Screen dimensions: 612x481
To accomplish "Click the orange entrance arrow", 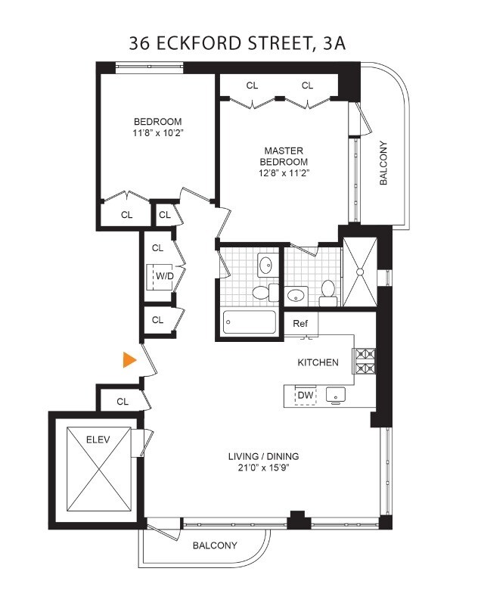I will point(130,361).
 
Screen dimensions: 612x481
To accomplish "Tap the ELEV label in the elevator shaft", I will point(98,438).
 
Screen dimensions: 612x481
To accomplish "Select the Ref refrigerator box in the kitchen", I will point(301,324).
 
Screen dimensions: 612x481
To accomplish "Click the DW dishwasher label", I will point(305,396).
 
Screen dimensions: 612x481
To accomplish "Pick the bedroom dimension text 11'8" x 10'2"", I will point(158,133).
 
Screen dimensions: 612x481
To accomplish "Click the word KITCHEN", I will point(317,362).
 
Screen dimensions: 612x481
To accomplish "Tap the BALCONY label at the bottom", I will point(214,545).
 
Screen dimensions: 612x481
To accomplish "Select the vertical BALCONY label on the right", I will point(383,164).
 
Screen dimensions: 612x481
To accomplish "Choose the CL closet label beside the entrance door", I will point(123,402).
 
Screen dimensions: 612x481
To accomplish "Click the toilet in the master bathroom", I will point(328,291).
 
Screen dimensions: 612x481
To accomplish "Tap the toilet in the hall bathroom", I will point(261,294).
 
